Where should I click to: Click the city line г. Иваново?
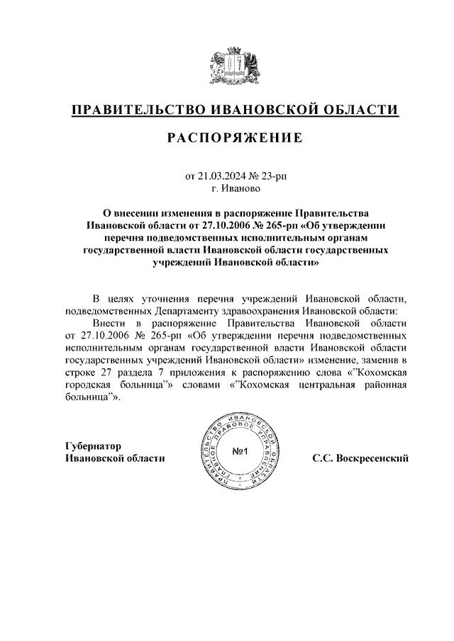click(x=236, y=188)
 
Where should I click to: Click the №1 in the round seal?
click(x=239, y=451)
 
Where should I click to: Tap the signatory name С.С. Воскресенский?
click(x=361, y=458)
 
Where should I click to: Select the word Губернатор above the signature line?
click(x=93, y=446)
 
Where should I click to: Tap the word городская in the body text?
click(x=92, y=385)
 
